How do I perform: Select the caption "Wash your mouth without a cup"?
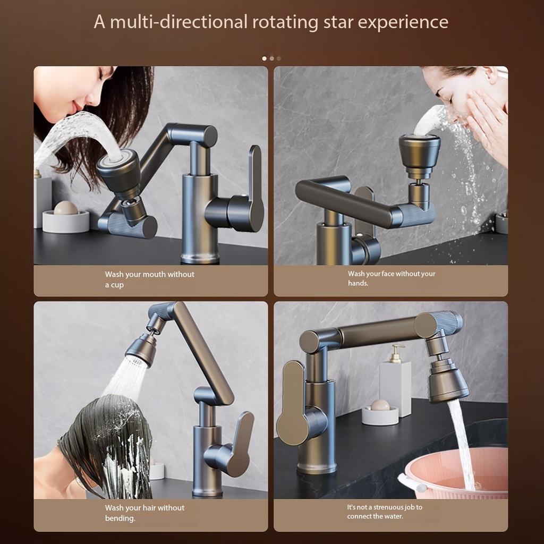click(x=149, y=279)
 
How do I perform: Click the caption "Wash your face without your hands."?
click(x=391, y=278)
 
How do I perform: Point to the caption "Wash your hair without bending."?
click(x=144, y=513)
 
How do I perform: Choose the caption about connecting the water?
click(x=385, y=512)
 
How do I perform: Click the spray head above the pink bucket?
click(x=448, y=381)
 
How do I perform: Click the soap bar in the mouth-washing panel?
click(x=66, y=208)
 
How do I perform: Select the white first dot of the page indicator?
click(x=265, y=58)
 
